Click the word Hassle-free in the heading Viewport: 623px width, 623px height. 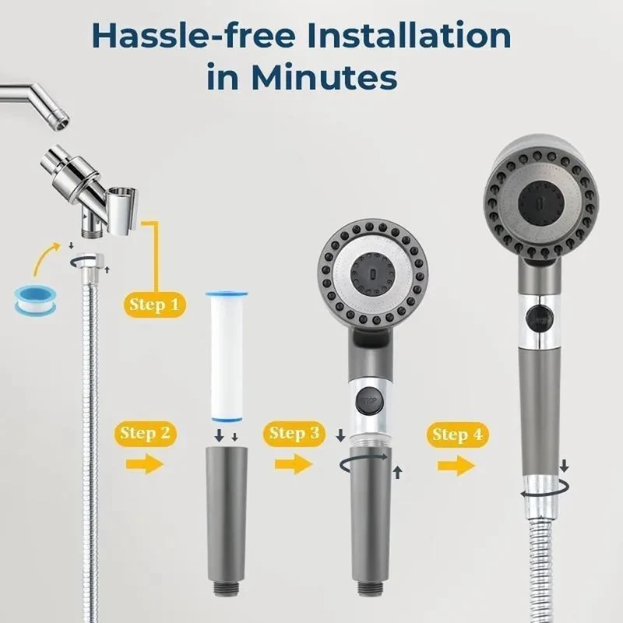tap(193, 36)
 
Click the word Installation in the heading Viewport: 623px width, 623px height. tap(409, 36)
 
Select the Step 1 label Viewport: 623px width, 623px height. tap(154, 304)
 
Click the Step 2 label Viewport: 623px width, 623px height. tap(145, 434)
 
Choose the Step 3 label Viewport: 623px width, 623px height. tap(294, 434)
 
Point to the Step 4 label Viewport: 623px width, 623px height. tap(457, 435)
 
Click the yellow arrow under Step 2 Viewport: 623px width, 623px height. tap(145, 464)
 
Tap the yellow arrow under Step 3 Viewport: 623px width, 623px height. tap(294, 464)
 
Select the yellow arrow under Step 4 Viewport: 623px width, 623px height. tap(456, 466)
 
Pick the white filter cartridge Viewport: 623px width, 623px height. tap(227, 357)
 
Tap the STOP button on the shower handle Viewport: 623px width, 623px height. tap(368, 400)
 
